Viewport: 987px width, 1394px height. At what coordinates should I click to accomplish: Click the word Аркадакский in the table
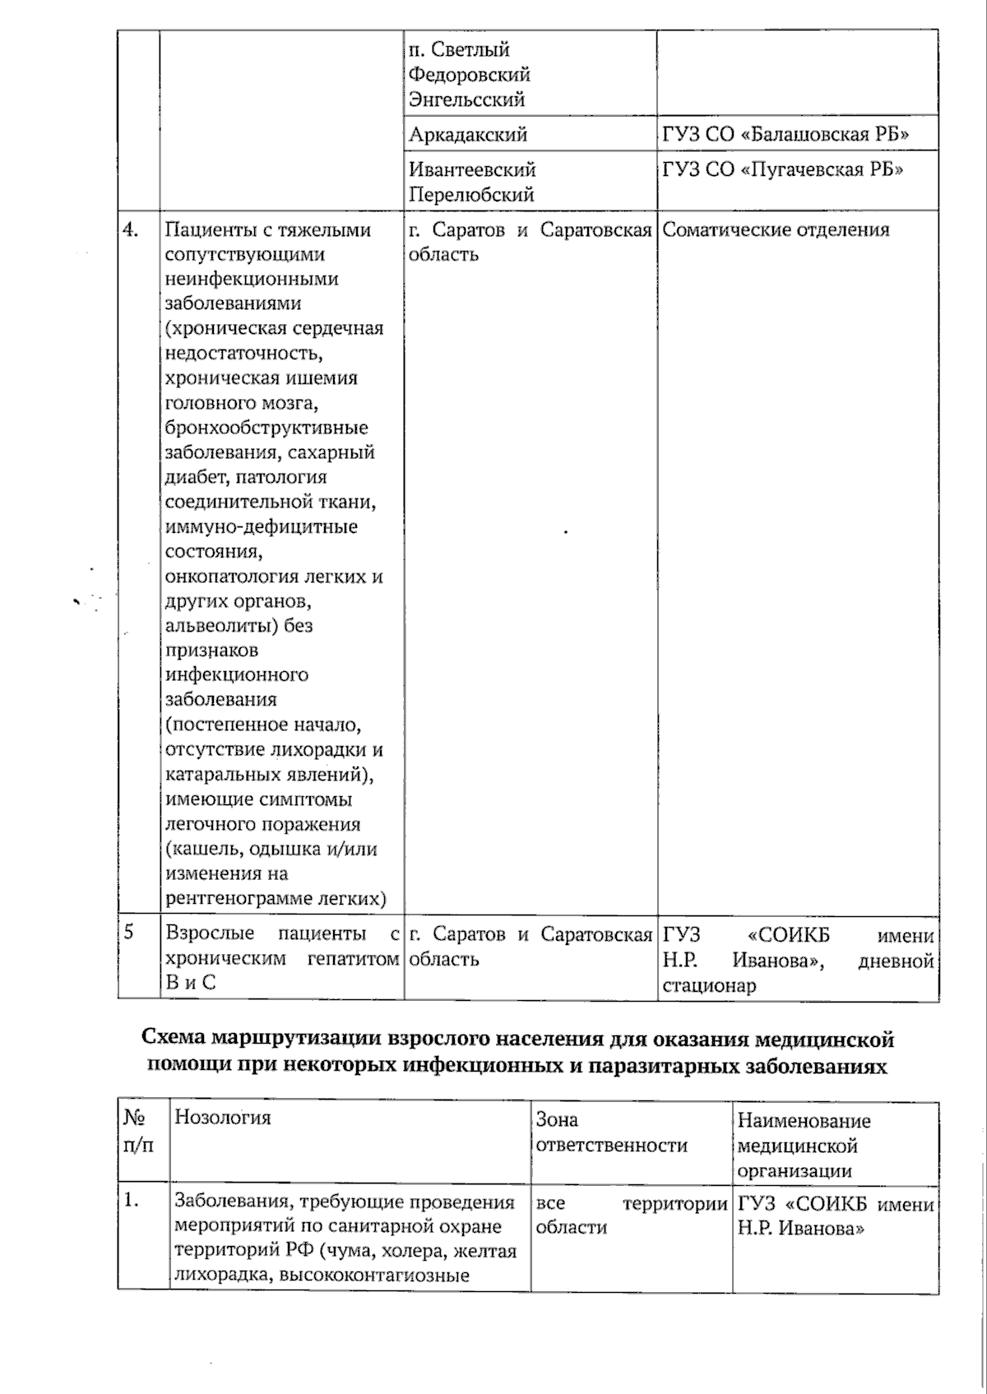pyautogui.click(x=468, y=134)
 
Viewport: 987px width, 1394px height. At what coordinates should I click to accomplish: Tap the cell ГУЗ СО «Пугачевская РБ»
pyautogui.click(x=783, y=169)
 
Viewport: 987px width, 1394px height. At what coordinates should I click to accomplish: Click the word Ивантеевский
pyautogui.click(x=472, y=169)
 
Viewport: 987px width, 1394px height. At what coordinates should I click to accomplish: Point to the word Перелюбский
pyautogui.click(x=471, y=195)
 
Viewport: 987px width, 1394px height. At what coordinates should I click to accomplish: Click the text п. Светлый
pyautogui.click(x=459, y=49)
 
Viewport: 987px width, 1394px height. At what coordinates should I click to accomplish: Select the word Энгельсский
pyautogui.click(x=466, y=100)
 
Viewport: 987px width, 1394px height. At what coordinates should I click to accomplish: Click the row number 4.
pyautogui.click(x=131, y=229)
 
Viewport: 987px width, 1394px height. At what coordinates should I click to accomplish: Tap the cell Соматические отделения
pyautogui.click(x=776, y=229)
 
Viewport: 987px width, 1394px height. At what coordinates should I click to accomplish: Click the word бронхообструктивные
pyautogui.click(x=266, y=428)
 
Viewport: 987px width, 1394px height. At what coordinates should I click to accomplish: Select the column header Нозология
pyautogui.click(x=223, y=1117)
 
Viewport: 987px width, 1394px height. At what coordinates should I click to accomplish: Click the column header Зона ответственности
pyautogui.click(x=611, y=1132)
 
